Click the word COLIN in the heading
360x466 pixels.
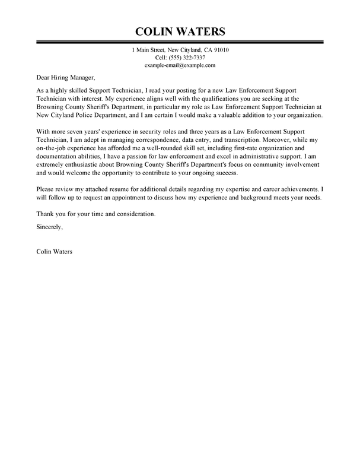click(155, 30)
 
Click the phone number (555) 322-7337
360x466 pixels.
click(188, 58)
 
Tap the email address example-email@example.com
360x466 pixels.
click(180, 65)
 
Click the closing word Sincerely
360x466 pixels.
click(49, 226)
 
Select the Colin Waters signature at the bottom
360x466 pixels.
click(55, 251)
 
